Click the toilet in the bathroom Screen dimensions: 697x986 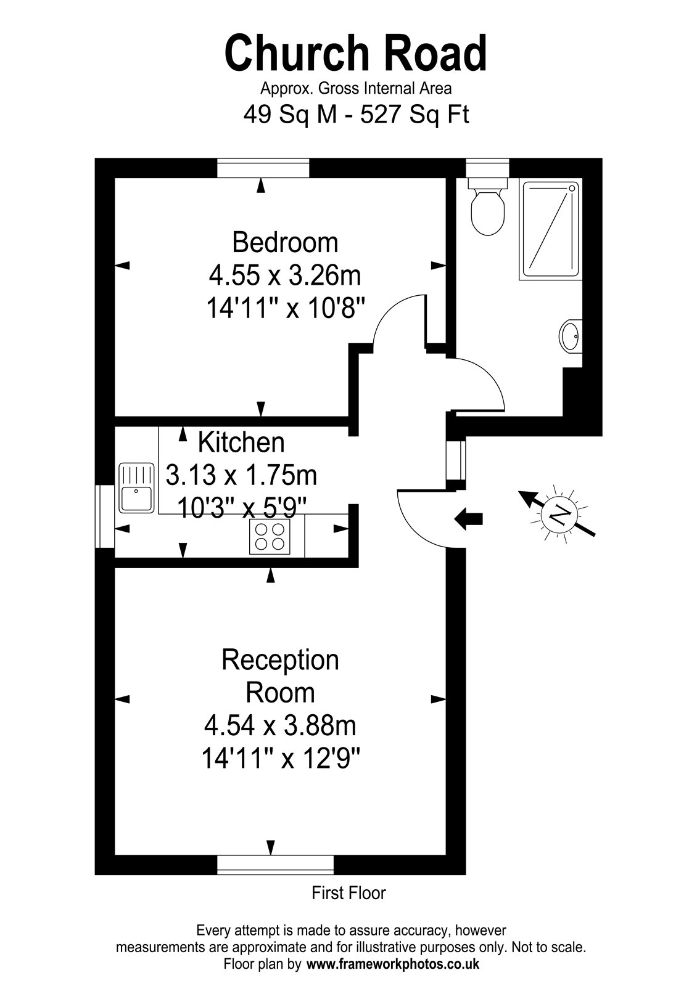coord(488,206)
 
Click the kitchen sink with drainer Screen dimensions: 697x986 coord(136,487)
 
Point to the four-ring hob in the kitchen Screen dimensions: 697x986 coord(270,537)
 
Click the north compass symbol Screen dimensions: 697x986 coord(558,514)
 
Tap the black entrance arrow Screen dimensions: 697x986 coord(468,519)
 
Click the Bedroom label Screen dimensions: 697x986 coord(285,242)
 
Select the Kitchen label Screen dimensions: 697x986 coord(241,442)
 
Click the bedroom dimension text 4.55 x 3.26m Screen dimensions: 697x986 coord(284,275)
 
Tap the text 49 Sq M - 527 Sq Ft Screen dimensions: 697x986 coord(356,115)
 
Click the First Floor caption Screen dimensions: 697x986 coord(348,893)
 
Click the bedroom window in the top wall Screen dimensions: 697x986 coord(263,168)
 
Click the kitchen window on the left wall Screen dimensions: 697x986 coord(105,516)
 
